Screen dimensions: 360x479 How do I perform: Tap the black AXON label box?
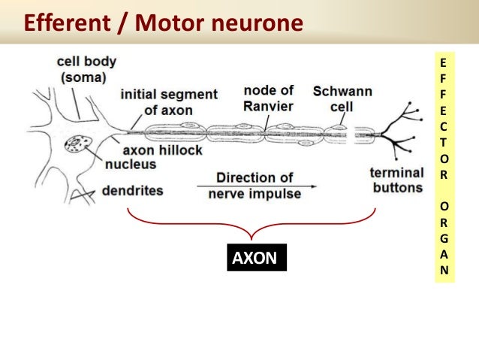[255, 259]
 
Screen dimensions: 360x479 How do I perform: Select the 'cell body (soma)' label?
[82, 69]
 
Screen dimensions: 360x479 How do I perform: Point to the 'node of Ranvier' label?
[270, 98]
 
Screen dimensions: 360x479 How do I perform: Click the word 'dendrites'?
[132, 190]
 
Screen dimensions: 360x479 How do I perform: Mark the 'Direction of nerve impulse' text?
[255, 186]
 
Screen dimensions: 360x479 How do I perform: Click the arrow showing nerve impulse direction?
[255, 186]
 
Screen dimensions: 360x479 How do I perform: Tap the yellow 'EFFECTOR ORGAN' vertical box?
[443, 165]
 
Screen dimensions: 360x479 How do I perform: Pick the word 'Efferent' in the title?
[63, 23]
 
